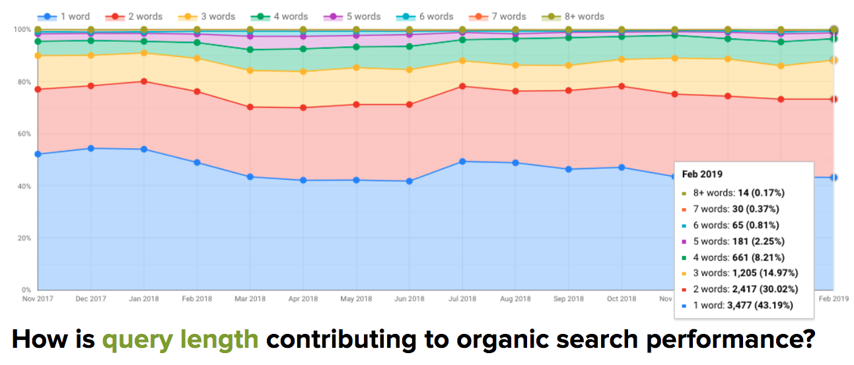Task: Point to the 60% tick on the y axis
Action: click(x=24, y=134)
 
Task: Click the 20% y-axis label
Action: click(x=24, y=238)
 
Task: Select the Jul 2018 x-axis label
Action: click(x=462, y=299)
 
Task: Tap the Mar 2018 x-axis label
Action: click(x=250, y=299)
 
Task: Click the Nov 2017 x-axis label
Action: click(x=38, y=299)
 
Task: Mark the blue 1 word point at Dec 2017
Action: click(x=90, y=149)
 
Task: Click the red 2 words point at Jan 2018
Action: click(x=144, y=81)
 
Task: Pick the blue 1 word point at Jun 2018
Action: click(x=409, y=181)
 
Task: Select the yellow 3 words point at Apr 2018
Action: click(x=303, y=71)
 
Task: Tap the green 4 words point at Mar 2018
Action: click(x=250, y=50)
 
